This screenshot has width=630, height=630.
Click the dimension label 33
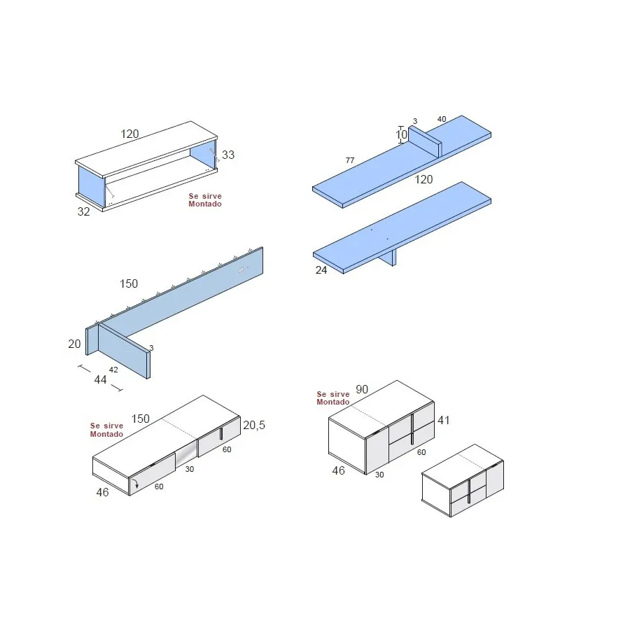(x=229, y=155)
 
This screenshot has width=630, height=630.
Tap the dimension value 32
(x=83, y=211)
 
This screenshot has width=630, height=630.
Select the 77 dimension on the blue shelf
(x=350, y=161)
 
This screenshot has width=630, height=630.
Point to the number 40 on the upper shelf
(x=442, y=120)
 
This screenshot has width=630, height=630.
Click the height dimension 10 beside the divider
(x=401, y=134)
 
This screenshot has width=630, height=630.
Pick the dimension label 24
(x=321, y=269)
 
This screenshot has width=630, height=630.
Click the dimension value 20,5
(x=254, y=425)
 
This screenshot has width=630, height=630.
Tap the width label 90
(x=362, y=389)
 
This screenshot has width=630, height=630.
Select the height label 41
(x=444, y=421)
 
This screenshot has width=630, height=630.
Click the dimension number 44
(x=100, y=379)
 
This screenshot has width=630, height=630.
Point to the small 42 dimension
(x=113, y=369)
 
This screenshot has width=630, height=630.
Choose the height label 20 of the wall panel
(x=74, y=344)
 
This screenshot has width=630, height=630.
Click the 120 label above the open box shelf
(x=129, y=134)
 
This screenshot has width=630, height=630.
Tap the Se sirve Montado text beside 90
(x=333, y=398)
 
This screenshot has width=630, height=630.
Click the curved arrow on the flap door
(x=136, y=483)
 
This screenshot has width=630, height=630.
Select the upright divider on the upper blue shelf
(x=423, y=142)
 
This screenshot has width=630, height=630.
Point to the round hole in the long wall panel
(x=242, y=270)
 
